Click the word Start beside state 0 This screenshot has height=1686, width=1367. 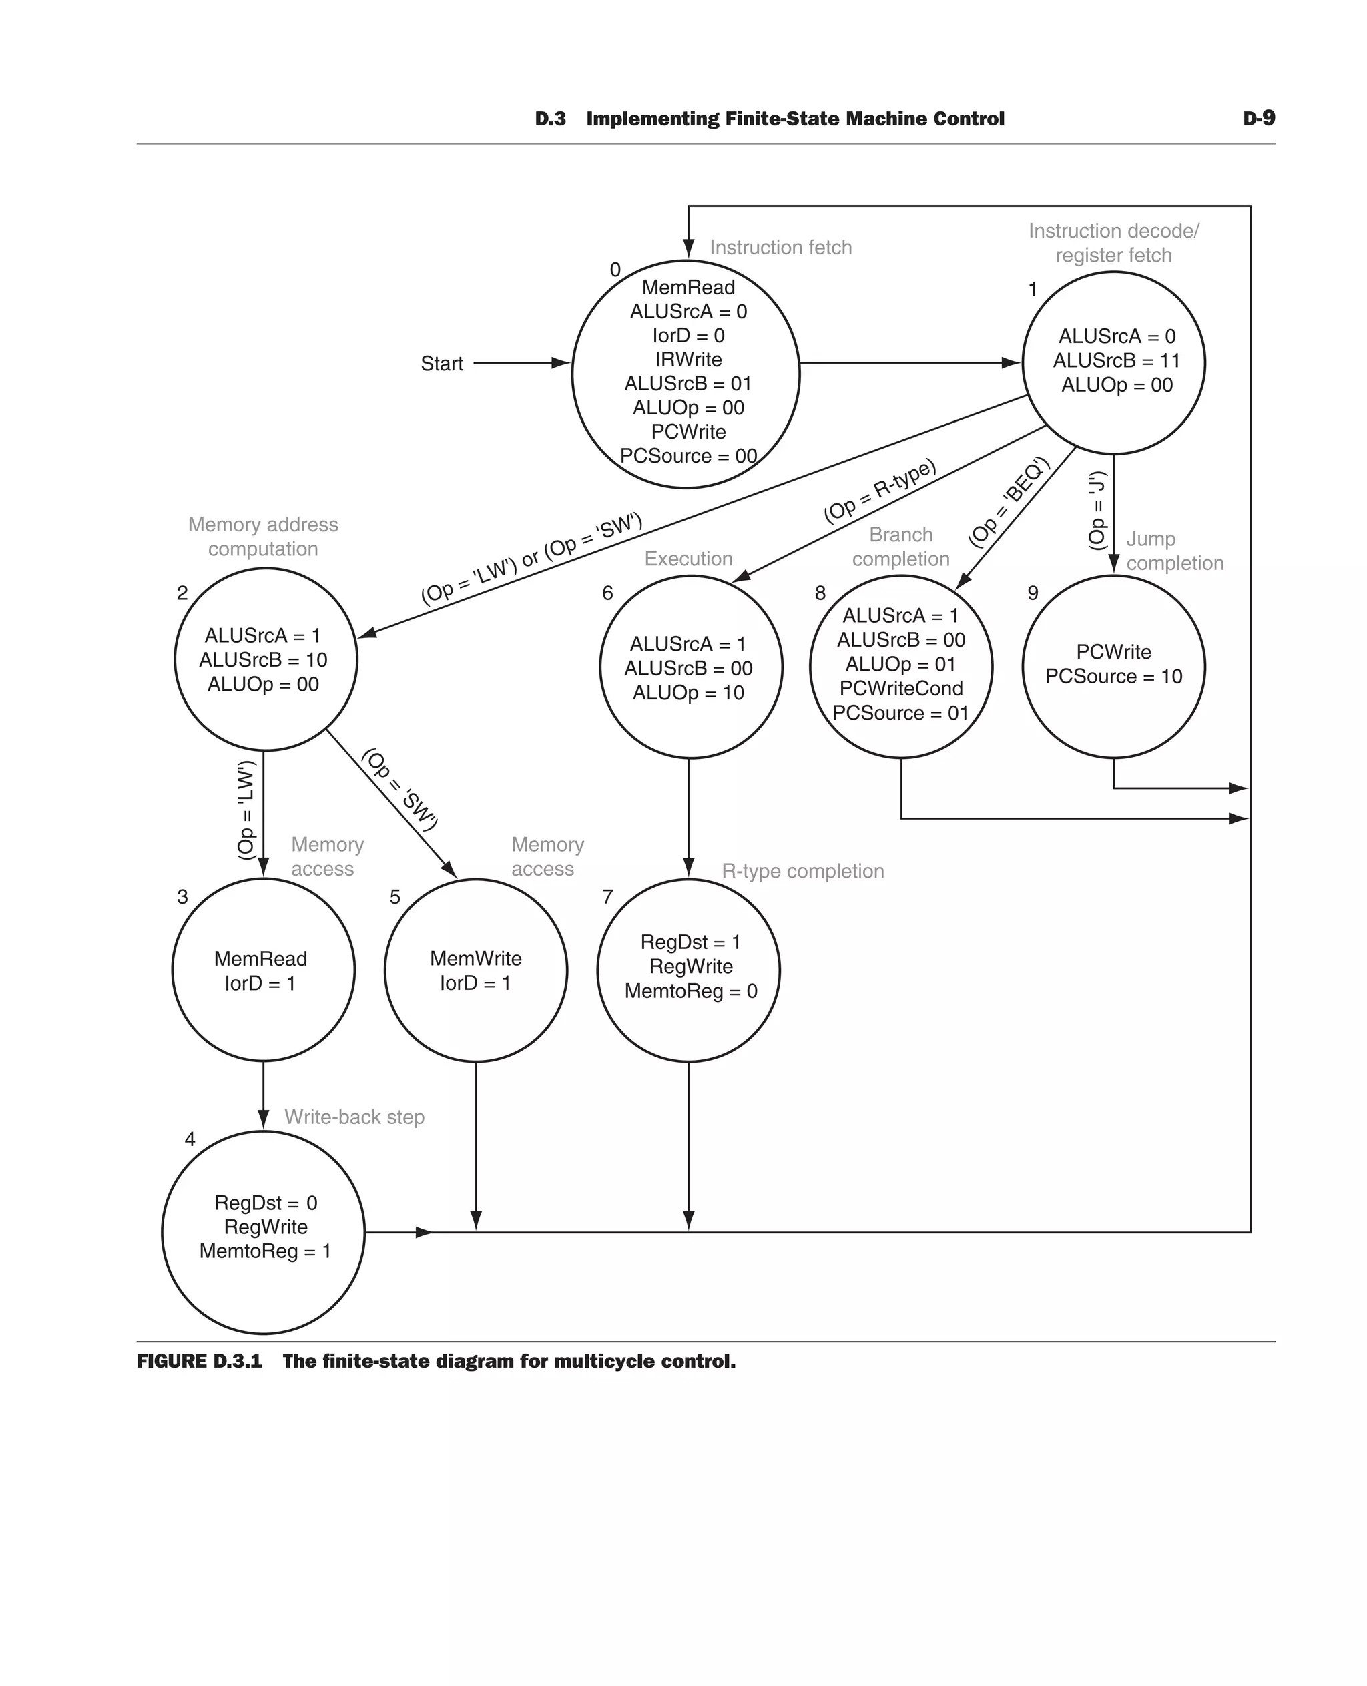(441, 364)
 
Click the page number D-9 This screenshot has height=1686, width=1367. (1258, 119)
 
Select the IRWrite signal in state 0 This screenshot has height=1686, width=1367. (688, 360)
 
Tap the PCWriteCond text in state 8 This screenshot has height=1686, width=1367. (901, 688)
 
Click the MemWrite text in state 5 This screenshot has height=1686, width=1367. (476, 958)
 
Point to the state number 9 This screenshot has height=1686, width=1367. (1033, 593)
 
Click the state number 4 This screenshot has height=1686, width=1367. (190, 1139)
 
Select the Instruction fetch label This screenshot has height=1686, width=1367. (780, 247)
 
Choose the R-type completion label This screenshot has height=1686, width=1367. (802, 871)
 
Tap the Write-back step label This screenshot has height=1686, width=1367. (354, 1117)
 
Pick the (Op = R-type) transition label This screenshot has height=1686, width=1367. (880, 491)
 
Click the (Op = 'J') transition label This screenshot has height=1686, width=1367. (1097, 511)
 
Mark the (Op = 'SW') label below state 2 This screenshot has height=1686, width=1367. (399, 789)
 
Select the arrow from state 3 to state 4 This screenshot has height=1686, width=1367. (263, 1095)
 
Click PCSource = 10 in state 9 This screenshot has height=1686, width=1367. (1113, 676)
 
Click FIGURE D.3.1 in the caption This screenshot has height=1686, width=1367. (199, 1362)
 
